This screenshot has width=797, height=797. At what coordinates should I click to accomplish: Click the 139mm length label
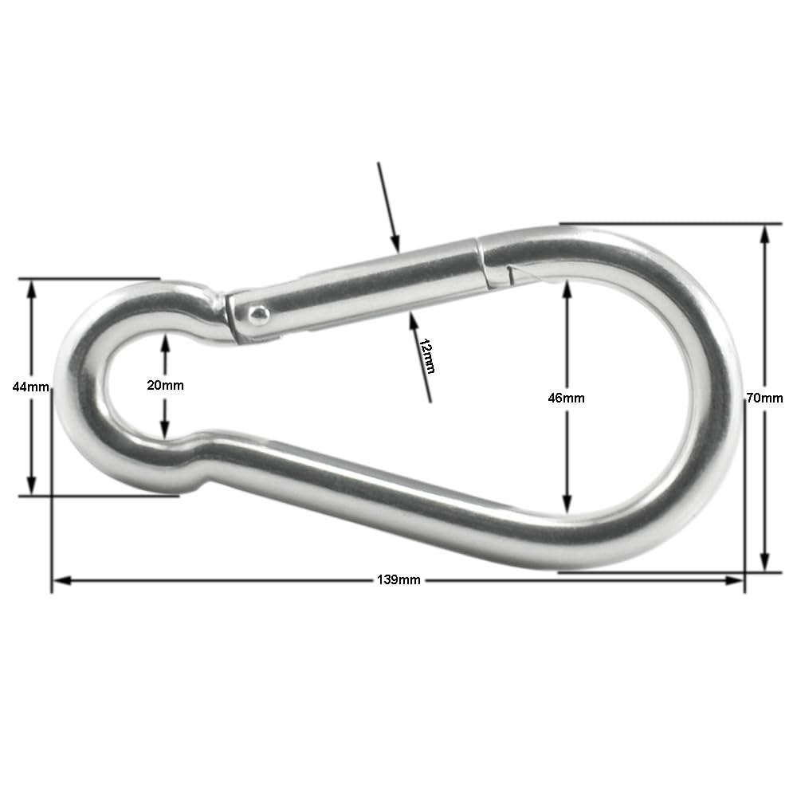click(398, 579)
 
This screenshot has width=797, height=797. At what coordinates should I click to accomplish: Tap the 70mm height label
click(764, 397)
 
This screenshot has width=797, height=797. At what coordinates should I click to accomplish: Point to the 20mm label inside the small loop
click(165, 385)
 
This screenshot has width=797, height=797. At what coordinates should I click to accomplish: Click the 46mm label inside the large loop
click(566, 398)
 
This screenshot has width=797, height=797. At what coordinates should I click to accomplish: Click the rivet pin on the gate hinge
click(257, 316)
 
